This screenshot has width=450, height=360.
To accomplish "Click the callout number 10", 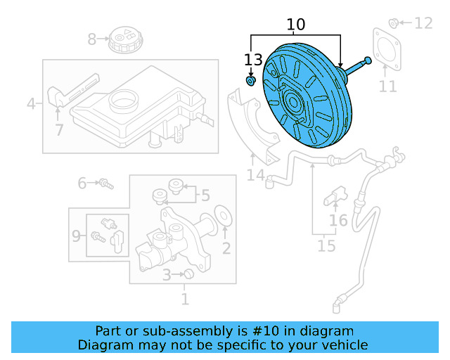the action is (x=296, y=25).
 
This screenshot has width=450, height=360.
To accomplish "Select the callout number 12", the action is (x=423, y=24).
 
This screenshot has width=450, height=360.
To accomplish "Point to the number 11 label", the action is (x=388, y=86).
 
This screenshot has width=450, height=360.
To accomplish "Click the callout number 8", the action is (x=92, y=39).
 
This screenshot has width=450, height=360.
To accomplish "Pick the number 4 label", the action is (x=31, y=105).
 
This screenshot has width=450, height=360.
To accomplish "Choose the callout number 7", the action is (x=59, y=129).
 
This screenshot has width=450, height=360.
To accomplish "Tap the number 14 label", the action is (x=255, y=174).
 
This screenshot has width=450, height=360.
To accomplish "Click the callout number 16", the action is (x=338, y=221).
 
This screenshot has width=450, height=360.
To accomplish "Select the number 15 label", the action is (x=326, y=246).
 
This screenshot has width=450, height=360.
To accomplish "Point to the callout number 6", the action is (x=82, y=184).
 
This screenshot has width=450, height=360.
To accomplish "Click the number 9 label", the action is (x=76, y=236).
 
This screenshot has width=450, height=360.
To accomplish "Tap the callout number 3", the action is (x=167, y=275).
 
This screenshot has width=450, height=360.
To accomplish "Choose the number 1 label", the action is (x=185, y=300).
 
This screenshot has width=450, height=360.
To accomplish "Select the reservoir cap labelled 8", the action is (x=126, y=41).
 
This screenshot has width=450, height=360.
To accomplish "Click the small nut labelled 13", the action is (x=250, y=82).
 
